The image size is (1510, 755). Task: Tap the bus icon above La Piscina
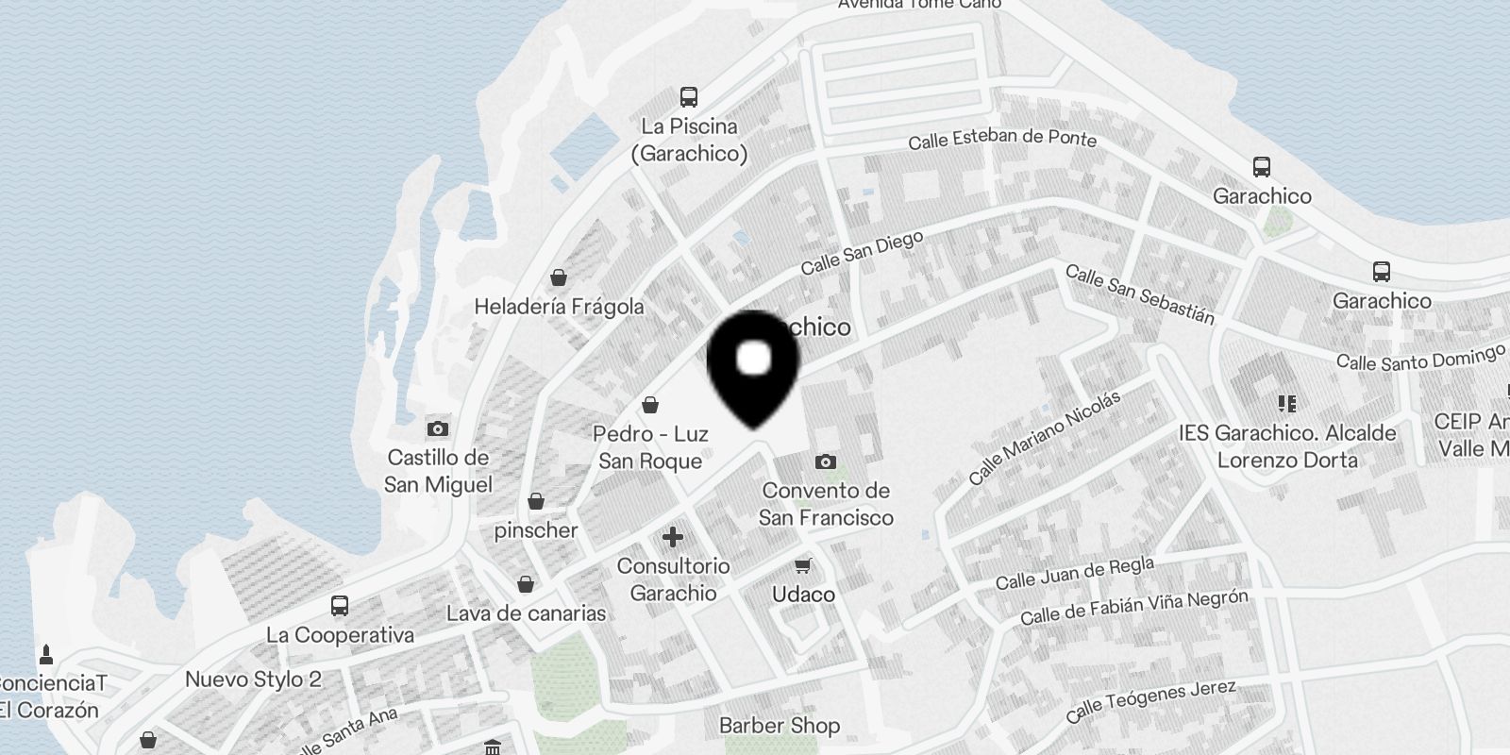coord(689,96)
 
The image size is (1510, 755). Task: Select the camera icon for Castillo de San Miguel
coord(437,429)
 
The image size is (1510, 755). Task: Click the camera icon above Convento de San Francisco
coord(826,461)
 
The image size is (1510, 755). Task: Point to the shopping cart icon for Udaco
coord(803,565)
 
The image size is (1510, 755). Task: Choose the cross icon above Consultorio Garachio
coord(673,538)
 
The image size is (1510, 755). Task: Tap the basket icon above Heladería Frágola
coord(559,277)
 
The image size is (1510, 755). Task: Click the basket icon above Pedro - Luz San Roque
coord(650,405)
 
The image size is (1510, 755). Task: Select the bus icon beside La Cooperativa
coord(340,606)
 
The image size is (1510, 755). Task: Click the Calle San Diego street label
coord(862,253)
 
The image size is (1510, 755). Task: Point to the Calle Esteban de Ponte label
coord(1002,140)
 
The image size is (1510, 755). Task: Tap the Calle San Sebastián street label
coord(1139,294)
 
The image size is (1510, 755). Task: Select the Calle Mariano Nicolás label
coord(1045,437)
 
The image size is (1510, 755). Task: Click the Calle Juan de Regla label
coord(1075,573)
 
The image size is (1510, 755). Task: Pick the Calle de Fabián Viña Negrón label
coord(1133,608)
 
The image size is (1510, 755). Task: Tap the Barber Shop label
coord(780,726)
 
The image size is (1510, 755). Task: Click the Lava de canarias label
coord(526,613)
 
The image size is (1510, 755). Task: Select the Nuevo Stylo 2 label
coord(253,679)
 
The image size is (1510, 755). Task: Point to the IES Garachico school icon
coord(1287,404)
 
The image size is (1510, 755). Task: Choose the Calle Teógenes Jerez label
coord(1151,700)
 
